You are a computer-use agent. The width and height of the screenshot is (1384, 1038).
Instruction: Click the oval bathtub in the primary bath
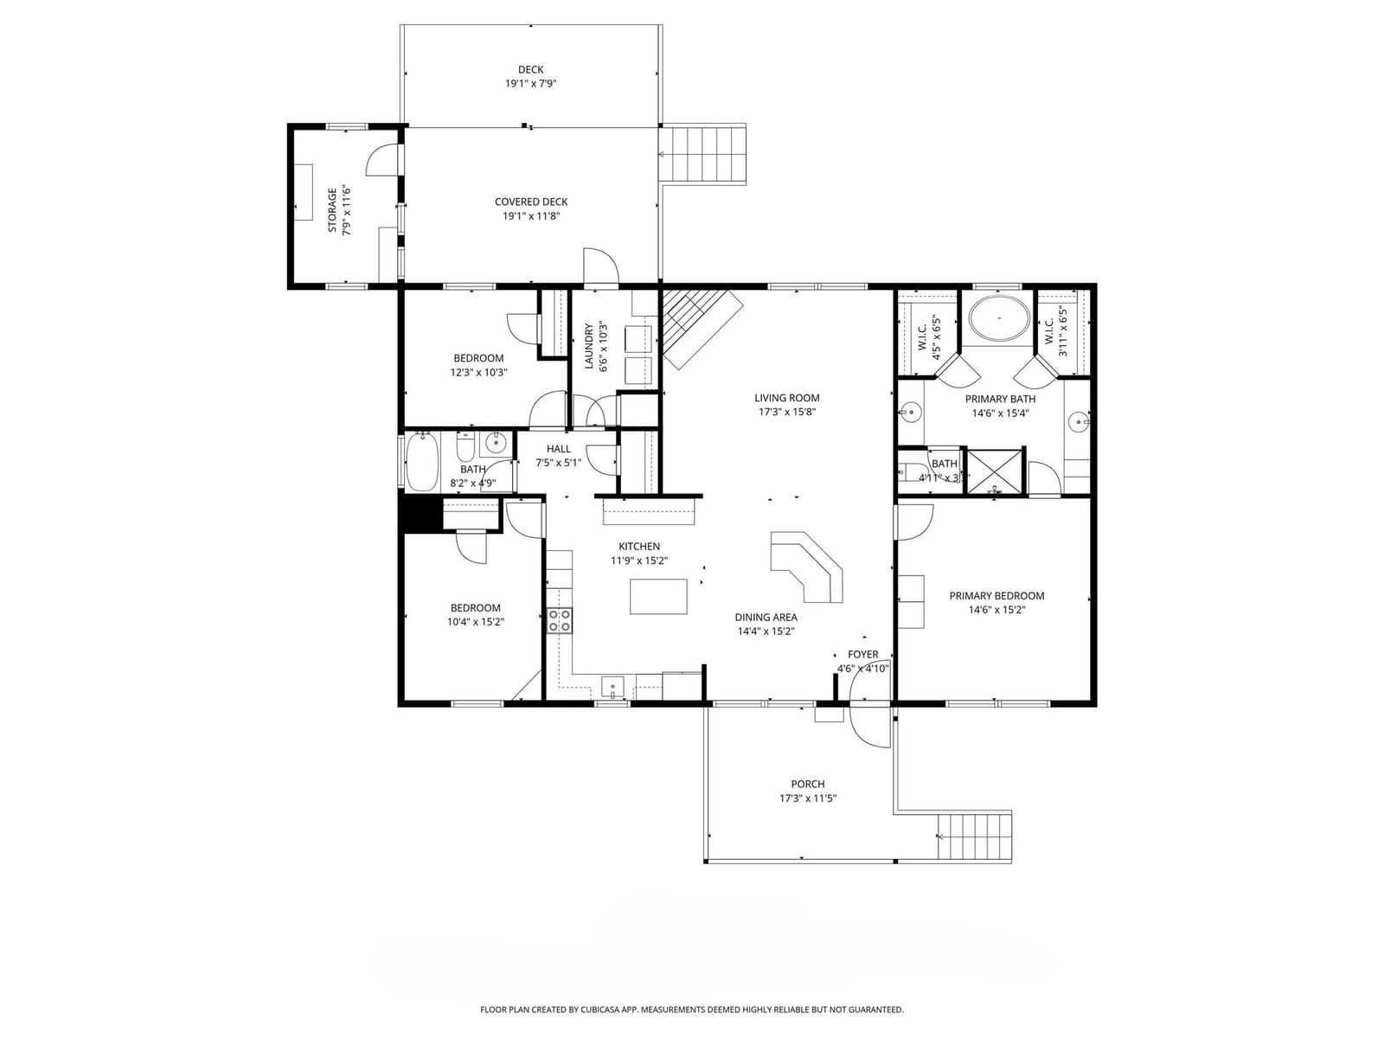999,319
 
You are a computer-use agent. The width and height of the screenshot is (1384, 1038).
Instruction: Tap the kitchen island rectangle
658,596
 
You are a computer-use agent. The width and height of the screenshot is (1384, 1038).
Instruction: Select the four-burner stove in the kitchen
560,619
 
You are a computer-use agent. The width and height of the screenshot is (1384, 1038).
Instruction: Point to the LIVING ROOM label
787,398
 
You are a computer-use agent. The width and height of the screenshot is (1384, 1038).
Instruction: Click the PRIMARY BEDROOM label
996,596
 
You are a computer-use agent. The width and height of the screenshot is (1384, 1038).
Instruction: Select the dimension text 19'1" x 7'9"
531,83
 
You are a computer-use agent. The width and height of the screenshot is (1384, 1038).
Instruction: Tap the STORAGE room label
332,210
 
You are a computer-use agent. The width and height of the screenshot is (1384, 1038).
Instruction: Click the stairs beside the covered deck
702,153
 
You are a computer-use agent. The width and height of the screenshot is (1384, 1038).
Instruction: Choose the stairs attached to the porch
974,836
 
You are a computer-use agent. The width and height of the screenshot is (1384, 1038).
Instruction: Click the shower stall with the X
994,471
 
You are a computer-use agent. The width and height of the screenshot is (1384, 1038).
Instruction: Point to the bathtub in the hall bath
421,462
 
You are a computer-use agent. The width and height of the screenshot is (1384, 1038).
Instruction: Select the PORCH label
808,784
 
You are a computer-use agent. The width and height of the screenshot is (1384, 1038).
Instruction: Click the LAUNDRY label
589,346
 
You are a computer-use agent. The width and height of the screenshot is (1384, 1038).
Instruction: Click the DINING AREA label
766,617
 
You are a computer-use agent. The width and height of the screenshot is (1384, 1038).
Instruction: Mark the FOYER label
862,654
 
